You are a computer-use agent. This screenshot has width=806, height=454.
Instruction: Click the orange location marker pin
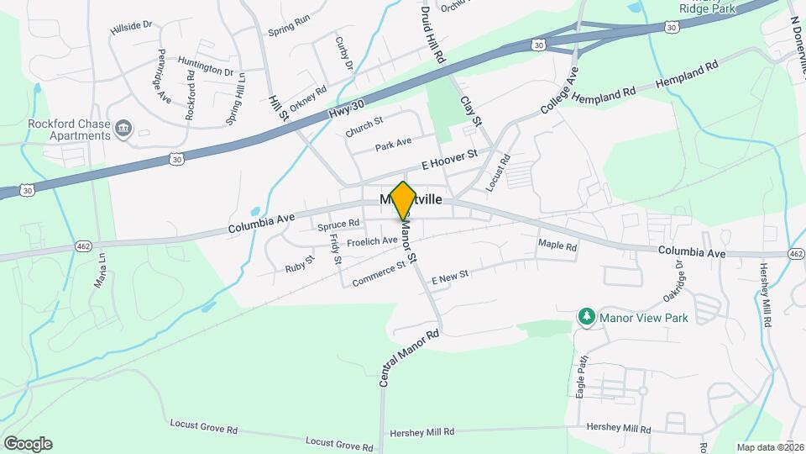point(403,199)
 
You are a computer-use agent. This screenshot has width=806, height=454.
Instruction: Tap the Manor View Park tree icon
point(586,318)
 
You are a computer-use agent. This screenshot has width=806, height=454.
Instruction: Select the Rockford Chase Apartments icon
point(124,128)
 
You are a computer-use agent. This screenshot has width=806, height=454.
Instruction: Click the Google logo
point(28,443)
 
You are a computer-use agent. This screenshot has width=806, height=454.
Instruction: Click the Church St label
point(364,128)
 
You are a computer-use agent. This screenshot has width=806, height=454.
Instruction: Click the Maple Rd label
point(557,247)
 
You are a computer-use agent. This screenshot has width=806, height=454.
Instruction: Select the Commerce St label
point(379,273)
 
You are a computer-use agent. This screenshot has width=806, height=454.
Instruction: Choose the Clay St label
point(470,110)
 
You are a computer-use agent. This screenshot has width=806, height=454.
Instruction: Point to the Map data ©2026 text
point(770,446)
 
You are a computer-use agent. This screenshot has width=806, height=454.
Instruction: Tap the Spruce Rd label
point(338,224)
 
